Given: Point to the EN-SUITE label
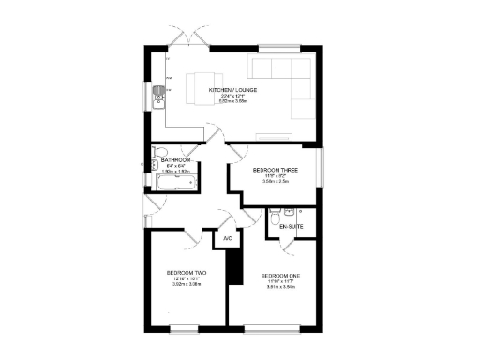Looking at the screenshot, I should (293, 227).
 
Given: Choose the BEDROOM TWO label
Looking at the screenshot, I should (184, 273).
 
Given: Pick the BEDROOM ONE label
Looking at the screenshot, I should (280, 275).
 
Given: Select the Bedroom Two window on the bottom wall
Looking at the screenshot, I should (184, 328).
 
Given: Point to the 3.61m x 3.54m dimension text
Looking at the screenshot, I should (280, 287).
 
